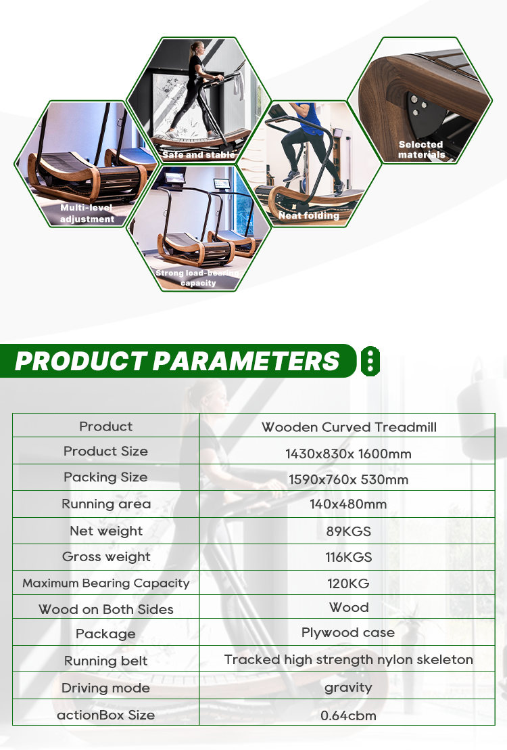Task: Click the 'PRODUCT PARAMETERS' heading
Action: pos(177,361)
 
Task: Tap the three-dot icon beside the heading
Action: pos(370,361)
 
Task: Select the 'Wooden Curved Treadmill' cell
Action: pos(349,426)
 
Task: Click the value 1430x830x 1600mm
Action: pos(348,454)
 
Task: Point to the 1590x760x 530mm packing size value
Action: pos(348,479)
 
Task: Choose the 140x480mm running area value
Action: pos(348,504)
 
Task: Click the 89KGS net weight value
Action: pos(348,531)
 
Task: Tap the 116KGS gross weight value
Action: pos(348,557)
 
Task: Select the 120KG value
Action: pos(348,583)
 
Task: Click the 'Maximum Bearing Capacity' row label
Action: pos(106,583)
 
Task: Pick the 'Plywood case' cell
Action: pos(348,632)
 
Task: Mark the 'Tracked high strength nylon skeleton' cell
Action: pos(348,659)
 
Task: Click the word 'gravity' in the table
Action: pos(348,688)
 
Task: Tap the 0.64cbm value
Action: pos(348,715)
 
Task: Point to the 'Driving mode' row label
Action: pos(105,688)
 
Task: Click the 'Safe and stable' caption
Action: pos(198,154)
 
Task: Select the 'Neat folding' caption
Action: pos(309,216)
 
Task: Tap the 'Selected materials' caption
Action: pos(421,149)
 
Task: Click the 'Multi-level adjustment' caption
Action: pos(87,213)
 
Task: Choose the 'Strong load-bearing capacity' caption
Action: pos(197,278)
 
